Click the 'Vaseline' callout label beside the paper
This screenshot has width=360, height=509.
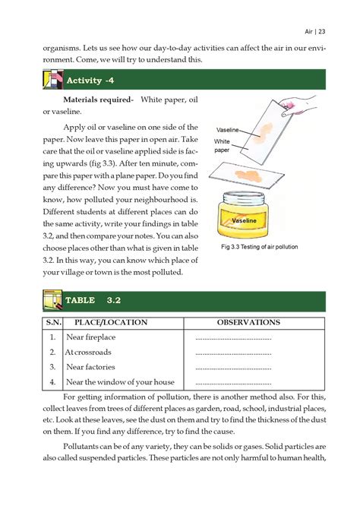point(228,130)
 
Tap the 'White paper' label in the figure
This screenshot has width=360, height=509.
point(222,146)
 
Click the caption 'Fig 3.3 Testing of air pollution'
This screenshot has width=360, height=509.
point(260,248)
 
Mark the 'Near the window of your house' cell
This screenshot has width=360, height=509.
point(120,382)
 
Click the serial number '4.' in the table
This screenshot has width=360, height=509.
point(52,382)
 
